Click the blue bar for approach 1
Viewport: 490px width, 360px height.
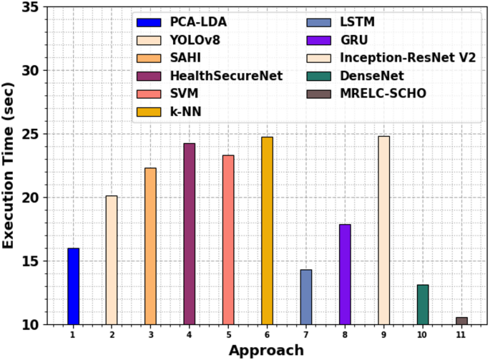tap(73, 286)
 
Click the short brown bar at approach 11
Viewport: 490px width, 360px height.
tap(461, 321)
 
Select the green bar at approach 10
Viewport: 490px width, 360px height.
tap(423, 304)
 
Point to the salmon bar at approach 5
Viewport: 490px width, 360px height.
tap(228, 240)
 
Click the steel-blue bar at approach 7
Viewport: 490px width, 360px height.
tap(306, 297)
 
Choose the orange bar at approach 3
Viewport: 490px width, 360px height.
tap(150, 245)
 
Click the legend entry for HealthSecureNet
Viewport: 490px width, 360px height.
tap(215, 75)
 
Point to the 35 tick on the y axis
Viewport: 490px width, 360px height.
tap(31, 7)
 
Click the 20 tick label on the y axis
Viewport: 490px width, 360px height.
tap(31, 198)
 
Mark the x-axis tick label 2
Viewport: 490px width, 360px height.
tap(112, 334)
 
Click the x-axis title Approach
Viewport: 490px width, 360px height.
tap(266, 350)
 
